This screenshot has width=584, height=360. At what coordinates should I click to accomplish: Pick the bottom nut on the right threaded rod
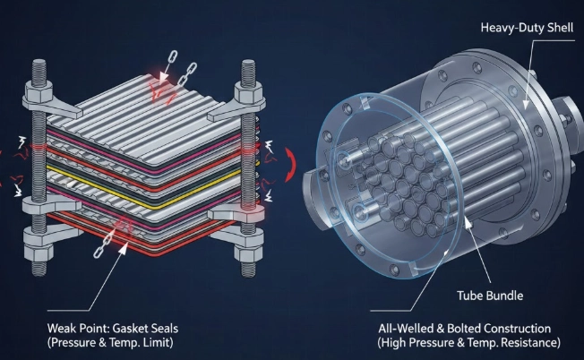(x=248, y=239)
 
